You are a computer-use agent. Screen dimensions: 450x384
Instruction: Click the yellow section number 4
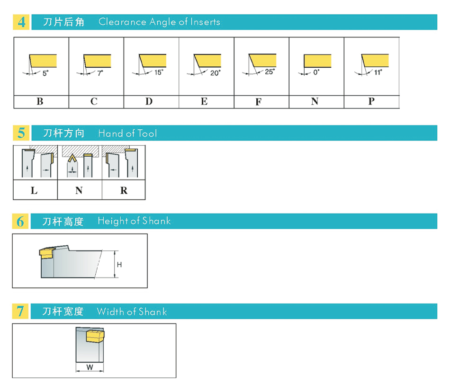pyautogui.click(x=21, y=22)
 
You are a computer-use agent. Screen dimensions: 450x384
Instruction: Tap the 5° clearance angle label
pyautogui.click(x=45, y=73)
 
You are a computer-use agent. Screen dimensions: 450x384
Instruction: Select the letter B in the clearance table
pyautogui.click(x=40, y=101)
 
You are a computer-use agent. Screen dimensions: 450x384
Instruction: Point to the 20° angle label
pyautogui.click(x=215, y=73)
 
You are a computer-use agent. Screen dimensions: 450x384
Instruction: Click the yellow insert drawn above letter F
pyautogui.click(x=262, y=60)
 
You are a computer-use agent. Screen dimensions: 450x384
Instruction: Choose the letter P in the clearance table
pyautogui.click(x=371, y=101)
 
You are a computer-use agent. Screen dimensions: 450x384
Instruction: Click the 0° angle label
pyautogui.click(x=316, y=72)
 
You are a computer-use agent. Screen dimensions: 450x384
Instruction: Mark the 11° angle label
pyautogui.click(x=378, y=72)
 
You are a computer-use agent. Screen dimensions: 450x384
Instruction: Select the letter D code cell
pyautogui.click(x=149, y=101)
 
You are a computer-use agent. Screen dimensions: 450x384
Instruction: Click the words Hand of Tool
pyautogui.click(x=128, y=134)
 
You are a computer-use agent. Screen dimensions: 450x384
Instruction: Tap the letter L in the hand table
pyautogui.click(x=34, y=190)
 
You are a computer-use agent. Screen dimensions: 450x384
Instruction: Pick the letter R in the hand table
pyautogui.click(x=124, y=190)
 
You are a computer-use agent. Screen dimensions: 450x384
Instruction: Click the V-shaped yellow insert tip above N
pyautogui.click(x=72, y=158)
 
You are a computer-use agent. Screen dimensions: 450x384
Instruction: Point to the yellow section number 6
pyautogui.click(x=20, y=222)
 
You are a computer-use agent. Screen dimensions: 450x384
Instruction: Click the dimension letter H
pyautogui.click(x=119, y=265)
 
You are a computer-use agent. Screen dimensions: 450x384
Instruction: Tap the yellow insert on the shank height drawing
pyautogui.click(x=45, y=253)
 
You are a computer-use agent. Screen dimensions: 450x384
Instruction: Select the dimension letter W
pyautogui.click(x=90, y=367)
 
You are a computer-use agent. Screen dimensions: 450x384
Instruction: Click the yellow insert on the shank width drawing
pyautogui.click(x=95, y=336)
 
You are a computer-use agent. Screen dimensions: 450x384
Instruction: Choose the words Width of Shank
pyautogui.click(x=132, y=312)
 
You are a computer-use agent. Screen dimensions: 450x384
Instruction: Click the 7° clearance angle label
pyautogui.click(x=100, y=73)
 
